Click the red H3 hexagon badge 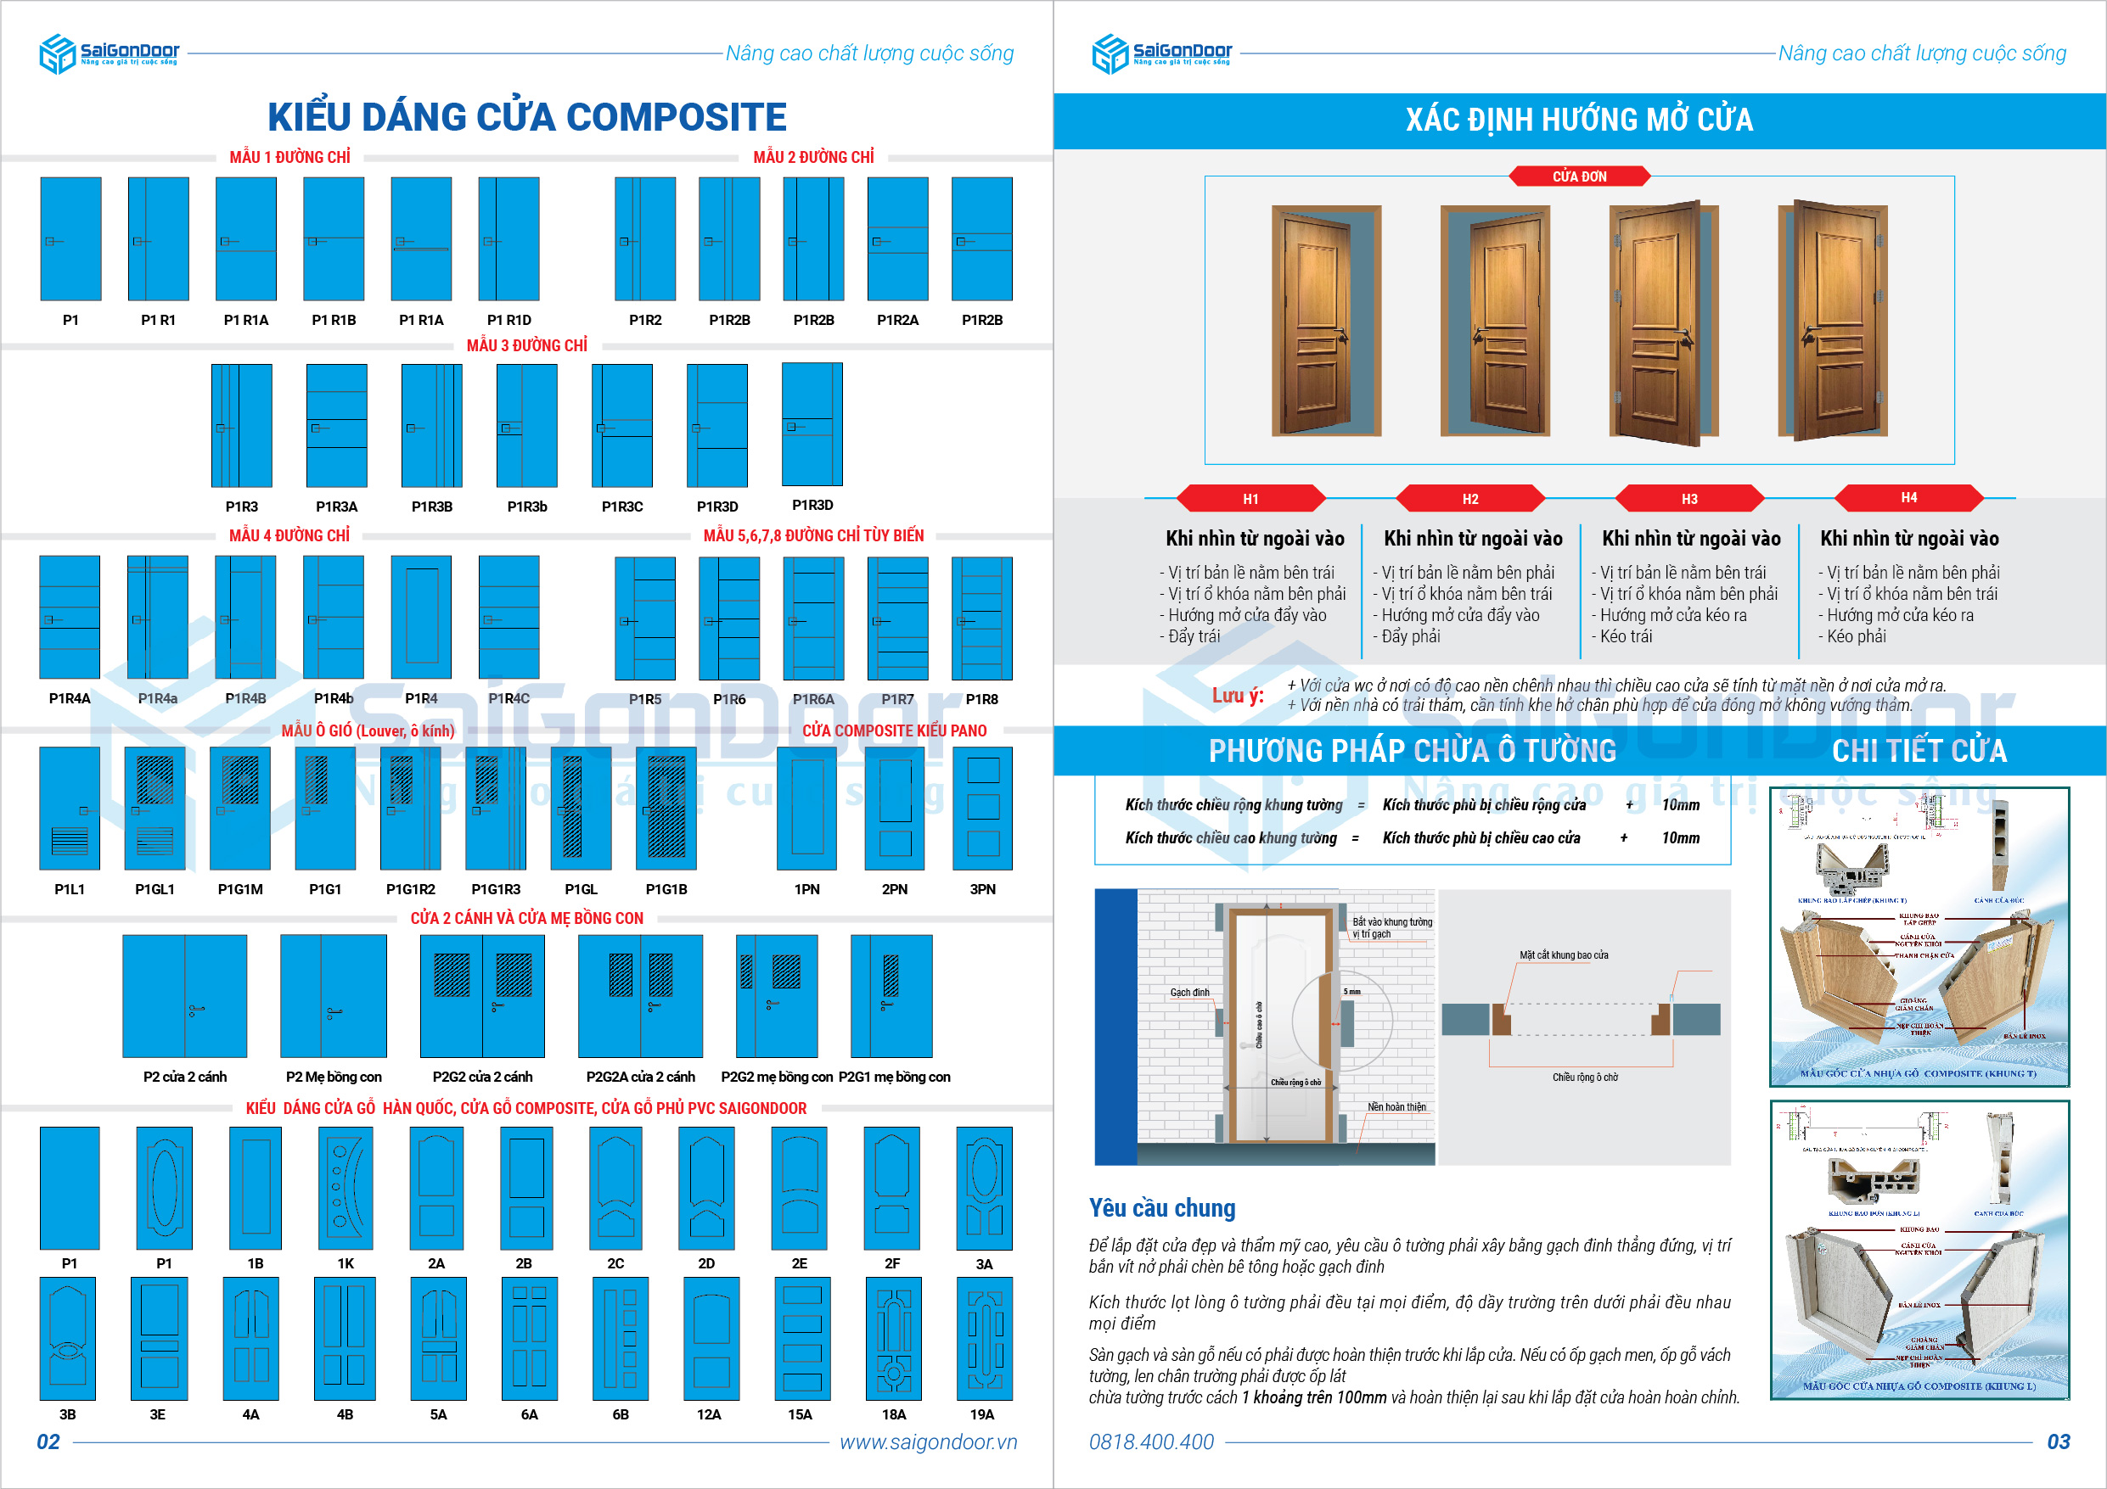(1688, 498)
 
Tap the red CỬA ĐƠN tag (1578, 176)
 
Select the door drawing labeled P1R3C (621, 426)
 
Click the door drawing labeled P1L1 (70, 808)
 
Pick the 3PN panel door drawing (982, 808)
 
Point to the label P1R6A (813, 699)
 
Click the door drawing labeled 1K (346, 1188)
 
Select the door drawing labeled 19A (984, 1339)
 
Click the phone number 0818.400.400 (1151, 1441)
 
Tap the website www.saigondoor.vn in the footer (928, 1441)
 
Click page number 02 (48, 1441)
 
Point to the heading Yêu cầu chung (1162, 1207)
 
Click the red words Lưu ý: (1237, 696)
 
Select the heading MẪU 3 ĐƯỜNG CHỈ (526, 346)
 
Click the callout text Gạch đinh (1189, 993)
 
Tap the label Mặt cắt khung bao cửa (1564, 955)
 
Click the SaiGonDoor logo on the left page (109, 53)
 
